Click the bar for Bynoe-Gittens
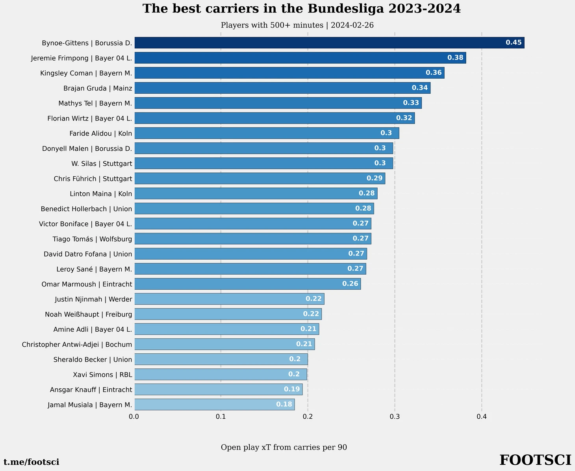pos(329,43)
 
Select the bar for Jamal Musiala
pos(214,405)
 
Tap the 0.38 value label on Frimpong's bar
pos(455,58)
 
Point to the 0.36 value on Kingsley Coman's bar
pos(434,73)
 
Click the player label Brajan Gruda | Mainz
pos(98,88)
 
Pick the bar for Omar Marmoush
pos(247,284)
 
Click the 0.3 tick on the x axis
pos(395,417)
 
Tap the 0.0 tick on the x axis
pos(134,417)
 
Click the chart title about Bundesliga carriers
pos(301,9)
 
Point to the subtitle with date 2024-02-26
pos(297,25)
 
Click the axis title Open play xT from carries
pos(284,447)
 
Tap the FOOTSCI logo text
pos(535,460)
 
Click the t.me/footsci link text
pos(32,462)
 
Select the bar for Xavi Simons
pos(221,374)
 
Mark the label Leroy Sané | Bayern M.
pos(95,269)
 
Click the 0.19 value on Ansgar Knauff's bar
pos(292,389)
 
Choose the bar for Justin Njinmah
pos(229,299)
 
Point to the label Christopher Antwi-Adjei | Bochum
pos(77,344)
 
